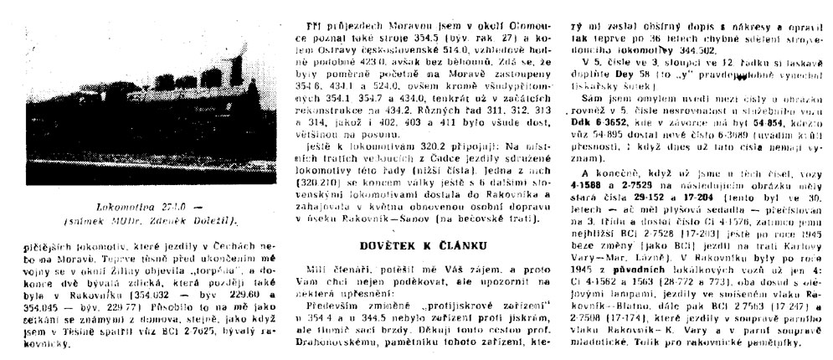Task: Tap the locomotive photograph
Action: pyautogui.click(x=137, y=124)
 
